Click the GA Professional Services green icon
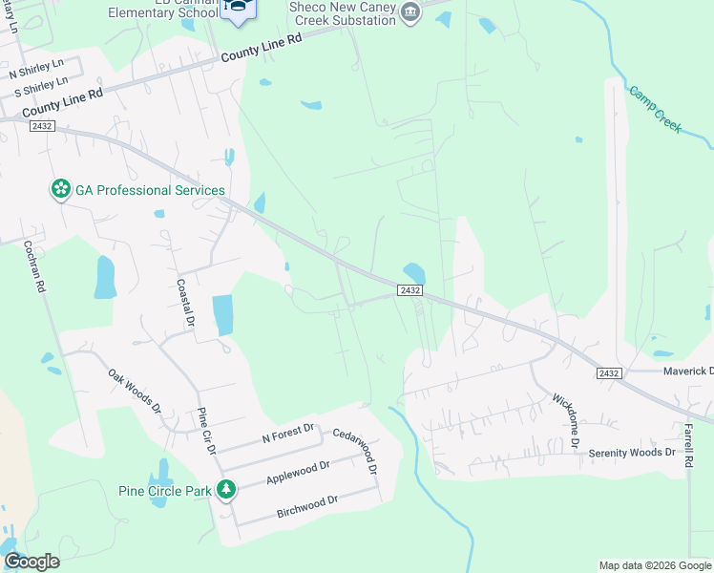click(x=61, y=190)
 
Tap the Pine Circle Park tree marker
click(x=226, y=491)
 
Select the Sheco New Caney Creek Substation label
click(x=341, y=12)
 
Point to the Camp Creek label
click(x=656, y=109)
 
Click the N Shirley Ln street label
click(x=35, y=73)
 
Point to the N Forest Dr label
click(x=287, y=433)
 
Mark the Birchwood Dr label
click(x=307, y=506)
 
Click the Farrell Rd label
click(x=687, y=444)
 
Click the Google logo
click(x=31, y=562)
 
